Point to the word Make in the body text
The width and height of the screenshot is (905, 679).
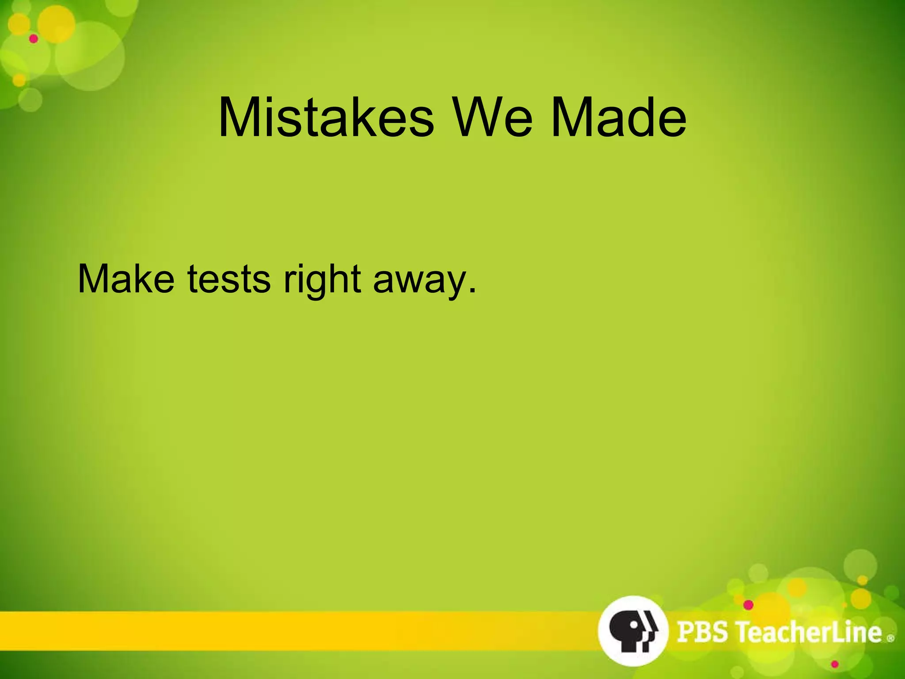tap(126, 279)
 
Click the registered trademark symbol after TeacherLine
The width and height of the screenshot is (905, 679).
tap(890, 638)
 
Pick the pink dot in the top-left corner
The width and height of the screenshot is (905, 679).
tap(34, 39)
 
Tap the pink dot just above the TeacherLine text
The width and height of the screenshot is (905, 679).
tap(748, 604)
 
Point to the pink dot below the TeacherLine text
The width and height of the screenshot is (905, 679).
tap(835, 664)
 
